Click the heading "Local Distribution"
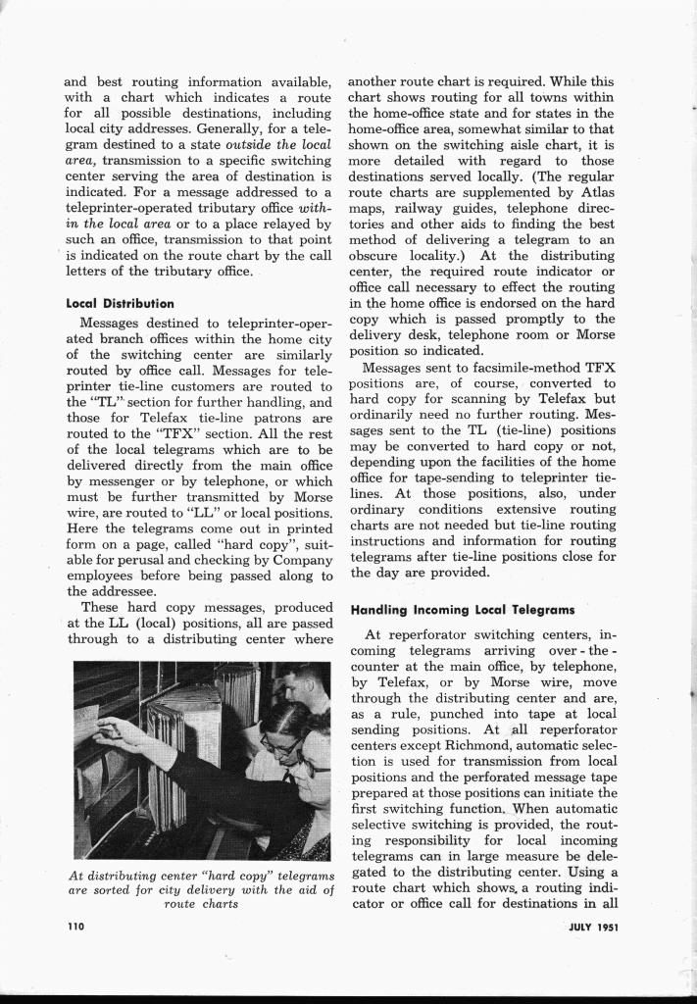[119, 303]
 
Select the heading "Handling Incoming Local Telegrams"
[462, 609]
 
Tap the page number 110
[76, 925]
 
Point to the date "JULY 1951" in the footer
[592, 925]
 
